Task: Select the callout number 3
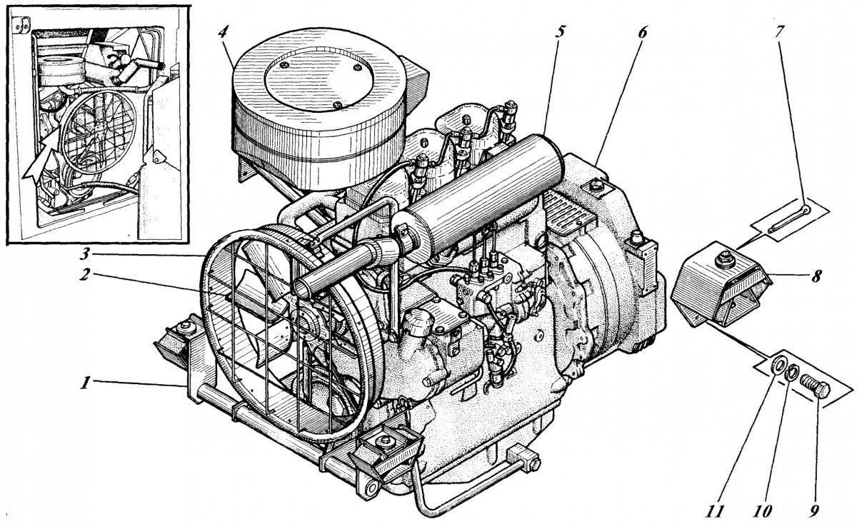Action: click(x=86, y=253)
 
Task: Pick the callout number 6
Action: click(x=642, y=32)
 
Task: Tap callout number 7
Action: click(x=780, y=32)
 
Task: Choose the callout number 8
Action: click(x=816, y=276)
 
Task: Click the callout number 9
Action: click(x=813, y=510)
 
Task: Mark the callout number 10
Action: click(x=762, y=510)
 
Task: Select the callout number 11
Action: click(x=714, y=510)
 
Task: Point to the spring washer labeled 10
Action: click(x=791, y=373)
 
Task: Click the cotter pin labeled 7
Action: click(x=788, y=218)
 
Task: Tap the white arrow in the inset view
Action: click(x=40, y=157)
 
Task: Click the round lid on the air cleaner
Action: click(x=319, y=79)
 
